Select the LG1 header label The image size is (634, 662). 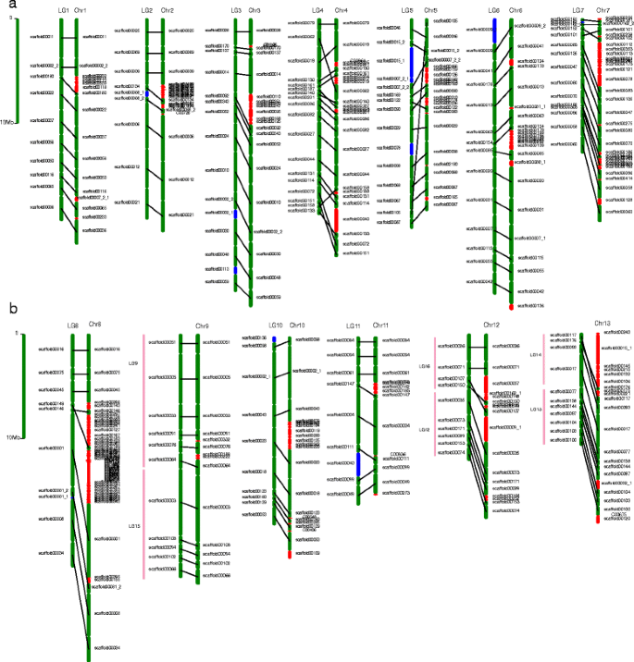pyautogui.click(x=63, y=9)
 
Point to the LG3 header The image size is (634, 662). pyautogui.click(x=237, y=9)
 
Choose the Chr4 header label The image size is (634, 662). pyautogui.click(x=342, y=9)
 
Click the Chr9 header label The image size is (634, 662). pyautogui.click(x=202, y=325)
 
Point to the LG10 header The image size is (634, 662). pyautogui.click(x=276, y=325)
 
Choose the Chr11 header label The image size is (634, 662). pyautogui.click(x=380, y=325)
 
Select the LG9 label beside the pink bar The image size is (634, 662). pyautogui.click(x=132, y=363)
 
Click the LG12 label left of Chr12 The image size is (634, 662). pyautogui.click(x=425, y=429)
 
